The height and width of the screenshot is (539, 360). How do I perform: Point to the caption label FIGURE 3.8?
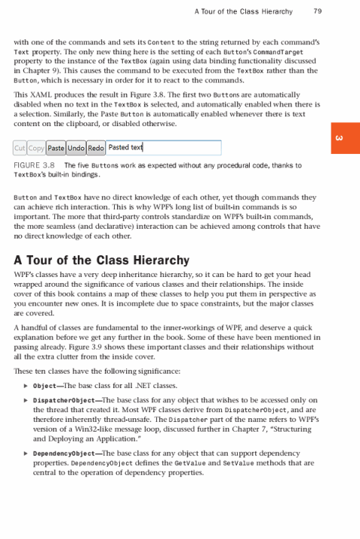37,164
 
